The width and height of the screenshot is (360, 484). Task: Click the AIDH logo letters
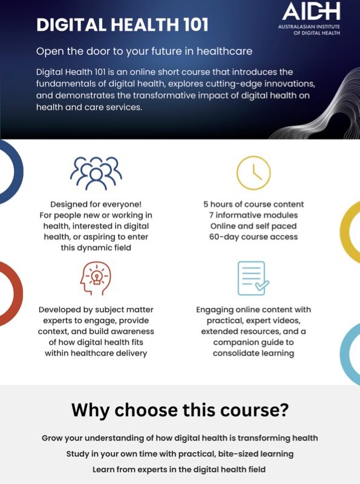(x=311, y=11)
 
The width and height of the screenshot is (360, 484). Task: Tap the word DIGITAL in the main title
(x=71, y=25)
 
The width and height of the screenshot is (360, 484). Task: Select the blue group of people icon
(x=96, y=173)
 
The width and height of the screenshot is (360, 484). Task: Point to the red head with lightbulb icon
(x=96, y=278)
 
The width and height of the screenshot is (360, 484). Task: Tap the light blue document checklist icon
(x=253, y=278)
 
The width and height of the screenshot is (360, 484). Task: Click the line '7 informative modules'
(x=254, y=215)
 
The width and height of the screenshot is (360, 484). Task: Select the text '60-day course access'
(x=254, y=237)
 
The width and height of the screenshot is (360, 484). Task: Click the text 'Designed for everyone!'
(x=96, y=204)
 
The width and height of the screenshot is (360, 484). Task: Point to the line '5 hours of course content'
(x=254, y=204)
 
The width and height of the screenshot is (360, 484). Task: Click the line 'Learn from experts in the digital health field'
(x=179, y=470)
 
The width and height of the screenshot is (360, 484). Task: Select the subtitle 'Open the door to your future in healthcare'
(x=144, y=51)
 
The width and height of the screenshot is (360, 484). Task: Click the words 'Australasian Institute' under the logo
(x=309, y=27)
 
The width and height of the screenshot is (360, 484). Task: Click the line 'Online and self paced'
(x=254, y=226)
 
